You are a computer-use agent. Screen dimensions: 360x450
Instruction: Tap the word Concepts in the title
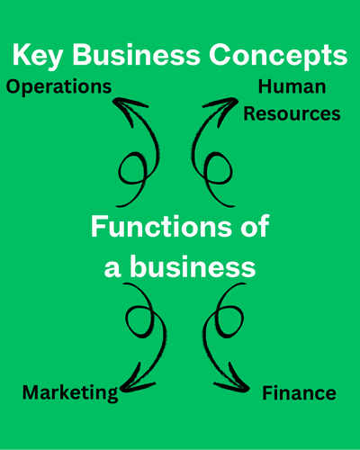(278, 57)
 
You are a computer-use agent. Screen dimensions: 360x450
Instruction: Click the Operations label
(58, 87)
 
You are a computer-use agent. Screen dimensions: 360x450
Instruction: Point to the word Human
(292, 86)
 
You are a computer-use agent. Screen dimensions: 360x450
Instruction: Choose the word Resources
(292, 114)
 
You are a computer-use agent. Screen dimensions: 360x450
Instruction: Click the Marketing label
(70, 393)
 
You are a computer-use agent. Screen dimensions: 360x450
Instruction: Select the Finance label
(299, 393)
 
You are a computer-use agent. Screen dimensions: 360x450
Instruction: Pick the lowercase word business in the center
(193, 265)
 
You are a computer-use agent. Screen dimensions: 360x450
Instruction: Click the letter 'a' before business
(112, 269)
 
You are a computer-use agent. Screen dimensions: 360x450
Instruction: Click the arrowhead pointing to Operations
(128, 109)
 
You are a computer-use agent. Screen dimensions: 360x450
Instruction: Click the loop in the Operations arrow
(120, 168)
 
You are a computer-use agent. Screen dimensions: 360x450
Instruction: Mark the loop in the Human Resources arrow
(231, 168)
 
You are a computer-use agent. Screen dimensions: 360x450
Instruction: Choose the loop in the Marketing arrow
(126, 321)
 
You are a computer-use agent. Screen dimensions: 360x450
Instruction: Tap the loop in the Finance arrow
(242, 321)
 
